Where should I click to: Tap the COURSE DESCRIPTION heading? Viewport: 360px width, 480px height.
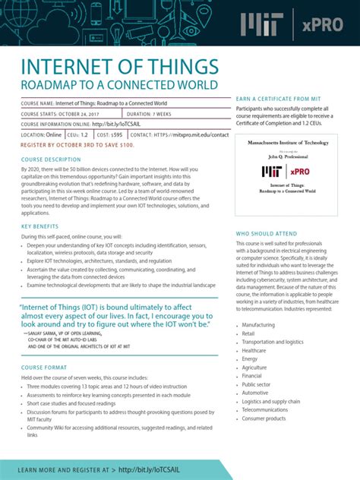click(51, 159)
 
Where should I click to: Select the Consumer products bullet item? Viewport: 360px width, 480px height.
click(264, 418)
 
